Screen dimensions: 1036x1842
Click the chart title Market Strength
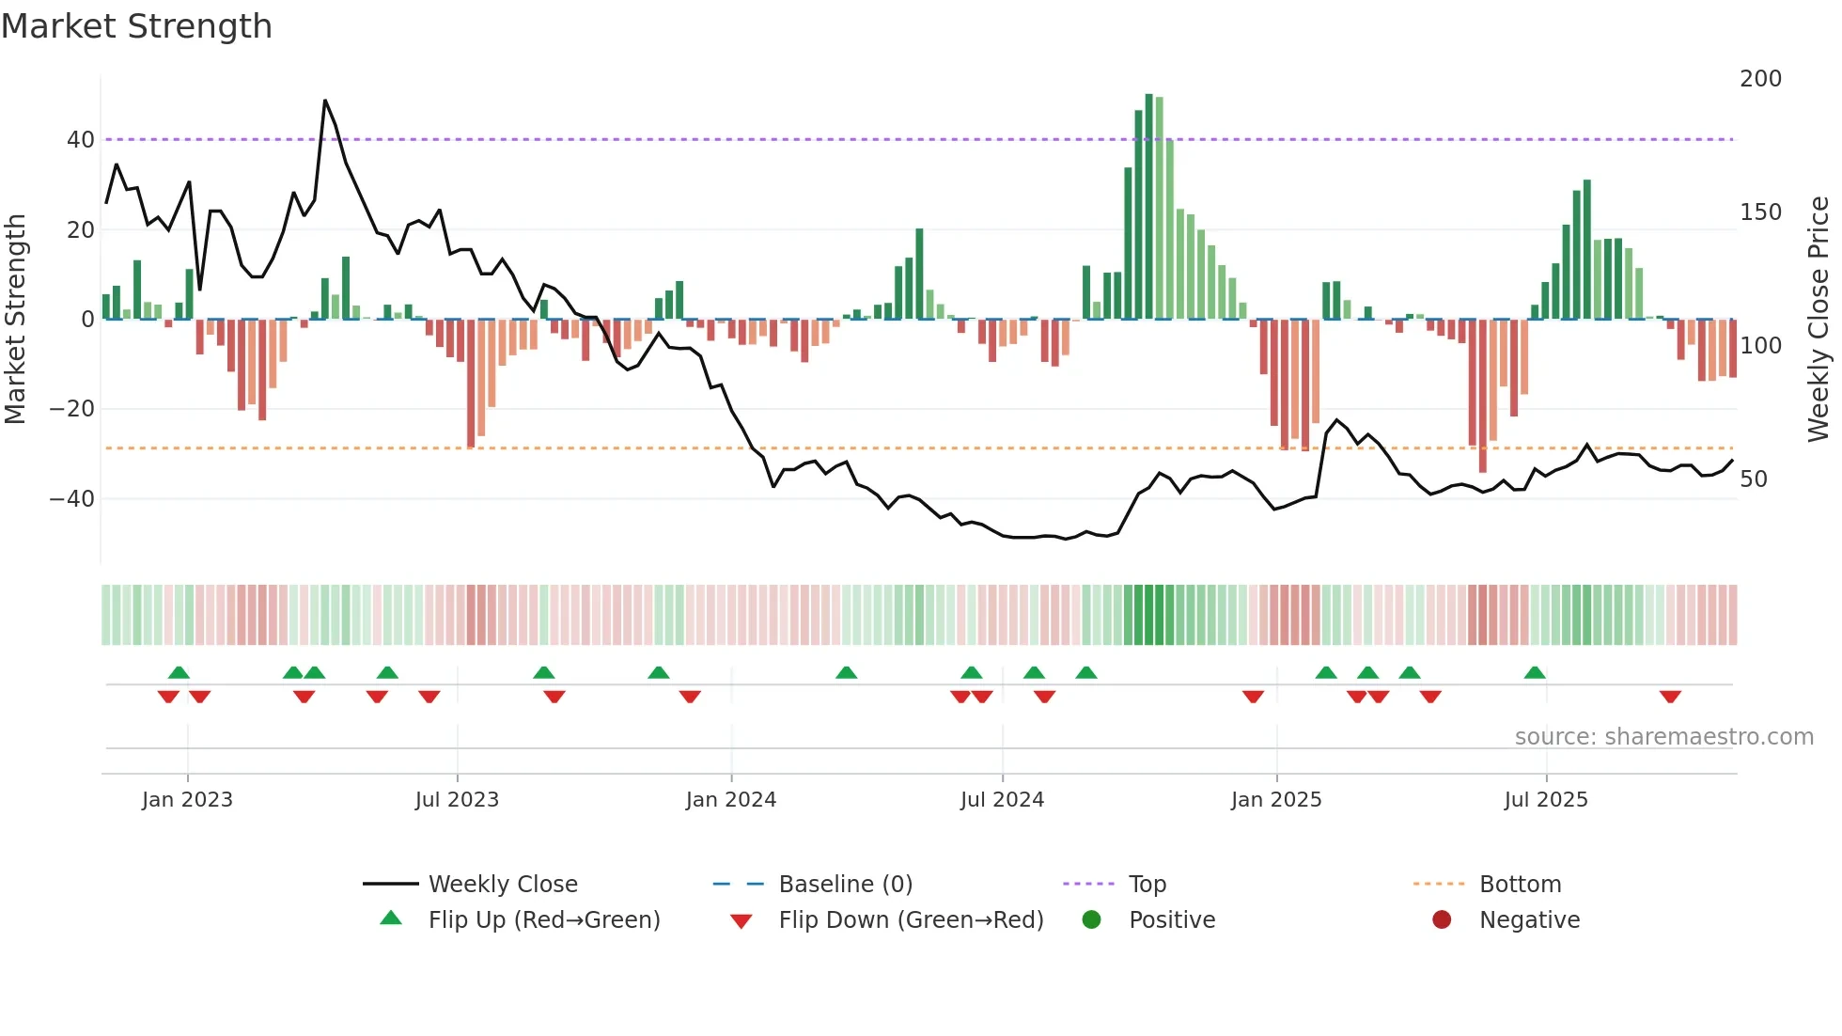[x=136, y=26]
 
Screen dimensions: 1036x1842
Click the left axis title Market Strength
[x=16, y=319]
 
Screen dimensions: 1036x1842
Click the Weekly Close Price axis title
[x=1819, y=319]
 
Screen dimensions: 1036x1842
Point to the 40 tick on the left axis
[x=81, y=140]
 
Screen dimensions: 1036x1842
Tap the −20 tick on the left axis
[x=72, y=409]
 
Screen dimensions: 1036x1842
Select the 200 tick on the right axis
[x=1760, y=79]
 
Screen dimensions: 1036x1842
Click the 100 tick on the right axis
[x=1760, y=346]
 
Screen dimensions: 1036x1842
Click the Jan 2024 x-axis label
[x=731, y=800]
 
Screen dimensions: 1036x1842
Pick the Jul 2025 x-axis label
[x=1546, y=800]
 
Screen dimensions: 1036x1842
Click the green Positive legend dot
[x=1091, y=919]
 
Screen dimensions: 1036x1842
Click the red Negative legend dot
[x=1442, y=919]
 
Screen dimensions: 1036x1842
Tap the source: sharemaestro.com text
[x=1663, y=737]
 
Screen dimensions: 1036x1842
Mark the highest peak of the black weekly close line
[x=325, y=101]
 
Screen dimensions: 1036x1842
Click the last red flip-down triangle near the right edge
[x=1670, y=697]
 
